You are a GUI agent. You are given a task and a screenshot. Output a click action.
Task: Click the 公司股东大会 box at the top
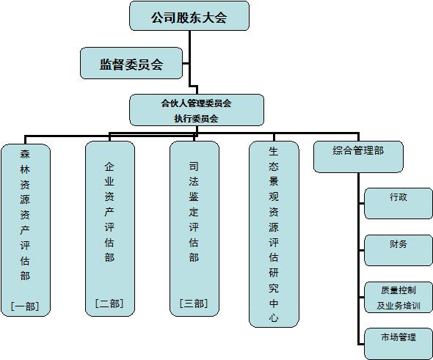[189, 15]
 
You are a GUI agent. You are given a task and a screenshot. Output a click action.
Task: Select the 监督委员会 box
[131, 63]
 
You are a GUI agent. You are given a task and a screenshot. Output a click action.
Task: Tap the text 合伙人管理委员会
[197, 103]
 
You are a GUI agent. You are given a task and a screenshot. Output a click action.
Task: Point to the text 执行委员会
[197, 119]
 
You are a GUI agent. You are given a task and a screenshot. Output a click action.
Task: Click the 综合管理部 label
[358, 150]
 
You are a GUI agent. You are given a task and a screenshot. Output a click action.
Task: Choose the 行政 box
[399, 204]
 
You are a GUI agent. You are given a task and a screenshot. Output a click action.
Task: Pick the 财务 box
[399, 250]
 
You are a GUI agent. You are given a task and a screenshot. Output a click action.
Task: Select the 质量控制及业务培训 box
[399, 297]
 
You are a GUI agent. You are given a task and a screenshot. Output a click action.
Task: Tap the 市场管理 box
[399, 344]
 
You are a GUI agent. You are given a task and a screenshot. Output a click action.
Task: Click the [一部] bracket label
[25, 306]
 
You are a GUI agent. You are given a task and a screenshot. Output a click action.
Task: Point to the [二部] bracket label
[109, 304]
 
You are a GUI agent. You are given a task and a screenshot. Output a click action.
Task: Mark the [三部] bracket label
[194, 304]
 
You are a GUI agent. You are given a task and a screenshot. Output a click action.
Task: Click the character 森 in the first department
[25, 154]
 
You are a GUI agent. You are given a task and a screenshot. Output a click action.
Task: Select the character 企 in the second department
[109, 166]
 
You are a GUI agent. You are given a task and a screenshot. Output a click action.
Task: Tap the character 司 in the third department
[194, 166]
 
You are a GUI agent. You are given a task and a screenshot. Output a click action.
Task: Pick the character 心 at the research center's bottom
[274, 318]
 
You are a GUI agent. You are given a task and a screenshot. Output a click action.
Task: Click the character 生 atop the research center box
[274, 151]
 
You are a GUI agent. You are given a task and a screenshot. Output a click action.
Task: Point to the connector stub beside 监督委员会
[186, 64]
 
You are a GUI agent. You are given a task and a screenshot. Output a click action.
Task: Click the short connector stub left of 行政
[362, 204]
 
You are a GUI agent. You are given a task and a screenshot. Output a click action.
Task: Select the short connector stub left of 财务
[362, 250]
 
